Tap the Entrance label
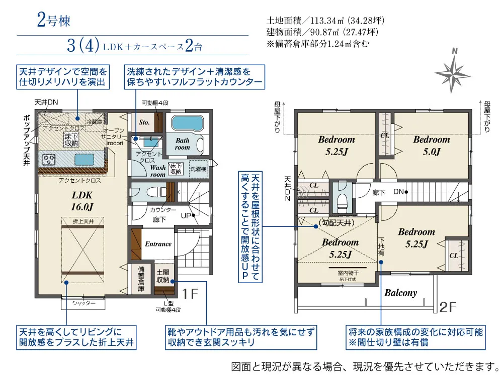pos(158,244)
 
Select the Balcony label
pos(400,293)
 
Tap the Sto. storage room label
pos(144,121)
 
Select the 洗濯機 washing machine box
pos(198,169)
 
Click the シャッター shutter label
pos(83,303)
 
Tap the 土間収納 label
pos(162,276)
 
